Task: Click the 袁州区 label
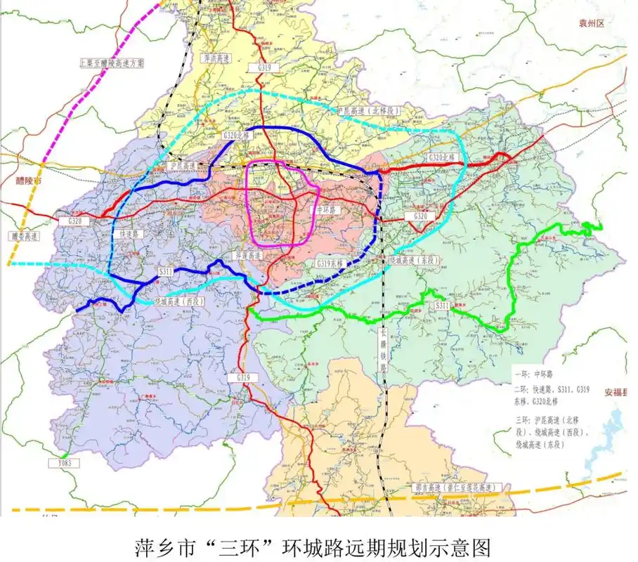point(592,23)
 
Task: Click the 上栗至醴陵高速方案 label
point(112,63)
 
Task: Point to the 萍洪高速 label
point(216,59)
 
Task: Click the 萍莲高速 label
point(248,256)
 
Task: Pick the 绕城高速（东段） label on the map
point(414,260)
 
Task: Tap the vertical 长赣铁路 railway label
point(384,351)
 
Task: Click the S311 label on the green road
point(442,306)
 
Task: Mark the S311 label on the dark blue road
point(164,271)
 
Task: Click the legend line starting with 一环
point(535,376)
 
